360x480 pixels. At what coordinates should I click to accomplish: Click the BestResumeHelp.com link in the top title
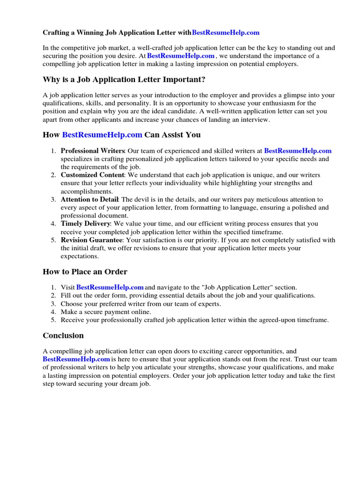[x=225, y=33]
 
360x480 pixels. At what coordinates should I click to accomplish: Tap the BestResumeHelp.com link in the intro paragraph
[x=180, y=56]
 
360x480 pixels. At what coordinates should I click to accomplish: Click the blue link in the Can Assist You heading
[x=102, y=135]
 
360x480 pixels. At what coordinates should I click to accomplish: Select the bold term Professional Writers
[x=92, y=151]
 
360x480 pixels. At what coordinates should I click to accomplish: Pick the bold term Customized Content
[x=92, y=175]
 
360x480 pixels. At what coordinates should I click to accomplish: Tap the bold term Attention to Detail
[x=89, y=200]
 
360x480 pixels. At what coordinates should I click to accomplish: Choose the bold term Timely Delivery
[x=85, y=224]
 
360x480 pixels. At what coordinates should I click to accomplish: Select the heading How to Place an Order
[x=85, y=272]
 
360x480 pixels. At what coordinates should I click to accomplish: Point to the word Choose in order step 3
[x=71, y=304]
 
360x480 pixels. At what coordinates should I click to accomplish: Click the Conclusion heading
[x=63, y=336]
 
